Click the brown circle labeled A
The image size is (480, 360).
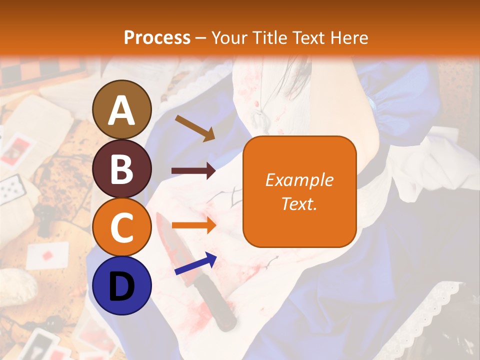click(122, 109)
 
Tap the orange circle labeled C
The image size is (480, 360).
click(122, 227)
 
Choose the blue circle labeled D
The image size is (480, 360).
click(122, 285)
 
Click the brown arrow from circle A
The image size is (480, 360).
click(194, 127)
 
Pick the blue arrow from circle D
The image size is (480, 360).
click(195, 264)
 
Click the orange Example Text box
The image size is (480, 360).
click(299, 191)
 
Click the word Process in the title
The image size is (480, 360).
click(157, 37)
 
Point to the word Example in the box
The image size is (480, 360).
click(299, 180)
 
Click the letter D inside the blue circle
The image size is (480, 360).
click(122, 286)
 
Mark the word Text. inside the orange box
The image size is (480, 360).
click(299, 203)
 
